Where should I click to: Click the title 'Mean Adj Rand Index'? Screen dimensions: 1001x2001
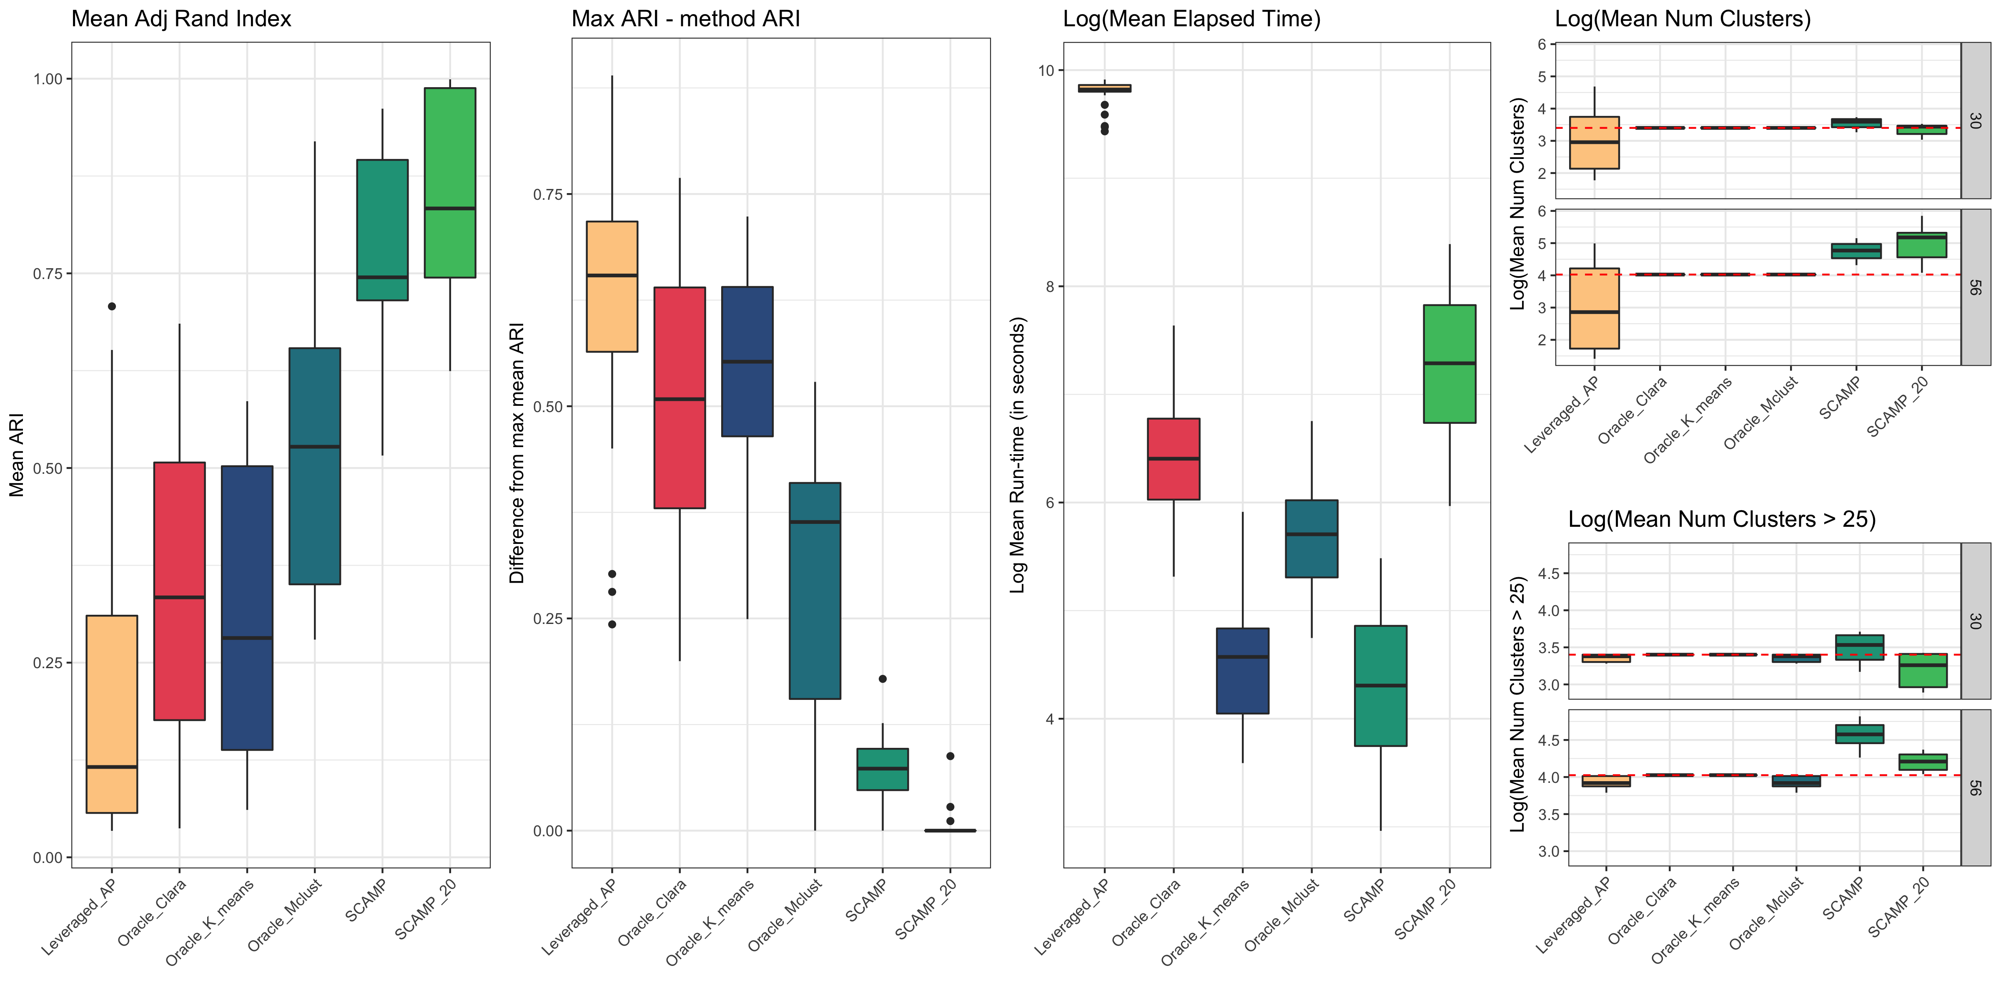click(181, 19)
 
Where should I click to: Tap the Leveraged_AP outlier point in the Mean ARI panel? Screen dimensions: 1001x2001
click(112, 306)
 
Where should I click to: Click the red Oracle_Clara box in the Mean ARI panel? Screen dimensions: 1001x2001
click(179, 591)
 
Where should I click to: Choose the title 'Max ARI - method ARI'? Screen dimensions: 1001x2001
click(685, 19)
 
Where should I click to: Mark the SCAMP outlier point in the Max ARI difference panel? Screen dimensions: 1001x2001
click(883, 679)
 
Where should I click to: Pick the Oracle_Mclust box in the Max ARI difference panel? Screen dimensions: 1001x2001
click(815, 591)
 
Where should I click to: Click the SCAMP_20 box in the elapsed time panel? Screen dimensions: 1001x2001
click(1449, 364)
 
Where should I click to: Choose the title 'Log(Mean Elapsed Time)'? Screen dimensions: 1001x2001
click(1191, 19)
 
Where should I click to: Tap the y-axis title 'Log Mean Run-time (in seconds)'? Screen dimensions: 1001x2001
click(1018, 455)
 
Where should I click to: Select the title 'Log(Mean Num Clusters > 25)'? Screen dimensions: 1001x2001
click(1721, 519)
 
